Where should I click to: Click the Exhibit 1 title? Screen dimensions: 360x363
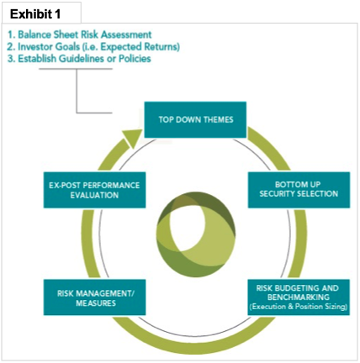[x=35, y=14]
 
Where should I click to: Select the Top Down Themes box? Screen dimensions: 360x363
[x=195, y=120]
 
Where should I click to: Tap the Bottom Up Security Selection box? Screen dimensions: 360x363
[x=299, y=190]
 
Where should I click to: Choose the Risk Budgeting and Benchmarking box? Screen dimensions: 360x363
[x=299, y=297]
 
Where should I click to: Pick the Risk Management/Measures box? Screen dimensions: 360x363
[x=95, y=297]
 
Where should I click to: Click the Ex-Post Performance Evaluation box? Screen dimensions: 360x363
[x=95, y=190]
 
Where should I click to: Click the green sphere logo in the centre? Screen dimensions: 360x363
[x=196, y=234]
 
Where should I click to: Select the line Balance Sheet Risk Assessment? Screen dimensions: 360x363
[x=80, y=34]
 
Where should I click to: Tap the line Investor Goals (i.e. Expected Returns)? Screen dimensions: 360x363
[x=93, y=47]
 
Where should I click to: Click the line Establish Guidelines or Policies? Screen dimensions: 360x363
[x=79, y=59]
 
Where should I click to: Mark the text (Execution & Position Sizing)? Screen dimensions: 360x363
[x=299, y=307]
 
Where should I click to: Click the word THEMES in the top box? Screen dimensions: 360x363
[x=219, y=119]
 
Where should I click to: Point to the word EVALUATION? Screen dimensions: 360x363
[x=94, y=195]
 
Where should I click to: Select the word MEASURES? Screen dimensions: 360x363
[x=96, y=303]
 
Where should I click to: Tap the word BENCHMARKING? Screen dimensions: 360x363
[x=299, y=297]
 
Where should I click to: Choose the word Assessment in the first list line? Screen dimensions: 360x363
[x=126, y=34]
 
